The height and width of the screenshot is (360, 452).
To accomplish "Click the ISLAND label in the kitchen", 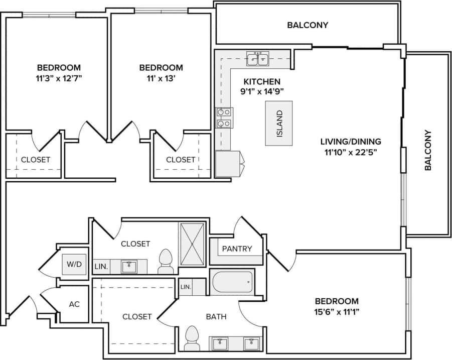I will tap(279, 124).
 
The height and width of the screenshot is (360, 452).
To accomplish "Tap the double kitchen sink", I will tap(257, 59).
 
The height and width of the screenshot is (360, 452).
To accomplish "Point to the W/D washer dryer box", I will tap(70, 263).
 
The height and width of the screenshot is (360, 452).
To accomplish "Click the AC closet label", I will tap(74, 304).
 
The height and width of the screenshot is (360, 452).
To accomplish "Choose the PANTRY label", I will tap(237, 249).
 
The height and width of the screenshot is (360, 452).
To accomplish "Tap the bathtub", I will tap(232, 283).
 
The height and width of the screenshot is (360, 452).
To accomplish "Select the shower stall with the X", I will tap(192, 244).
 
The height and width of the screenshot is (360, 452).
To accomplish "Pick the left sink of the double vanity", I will tap(219, 344).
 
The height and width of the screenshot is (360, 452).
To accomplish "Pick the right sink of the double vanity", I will tap(251, 344).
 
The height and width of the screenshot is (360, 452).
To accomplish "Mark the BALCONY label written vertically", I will tap(428, 151).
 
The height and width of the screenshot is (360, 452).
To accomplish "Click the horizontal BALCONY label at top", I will tap(308, 25).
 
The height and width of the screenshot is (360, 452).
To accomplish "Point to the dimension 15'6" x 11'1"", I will tap(337, 312).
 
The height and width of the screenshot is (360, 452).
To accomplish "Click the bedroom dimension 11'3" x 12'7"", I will tap(59, 78).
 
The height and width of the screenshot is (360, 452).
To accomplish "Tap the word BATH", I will tap(216, 317).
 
